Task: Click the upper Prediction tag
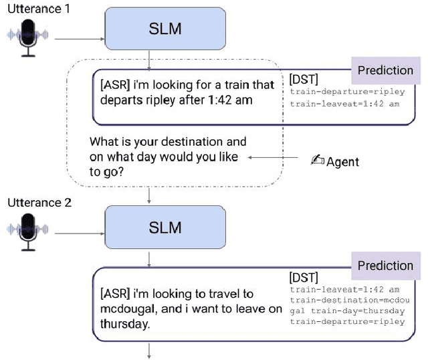tap(385, 70)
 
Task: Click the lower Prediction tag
tap(385, 266)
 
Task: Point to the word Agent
tap(342, 161)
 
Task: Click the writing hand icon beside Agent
tap(318, 161)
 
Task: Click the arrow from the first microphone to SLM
tap(80, 39)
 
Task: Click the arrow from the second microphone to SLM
tap(80, 234)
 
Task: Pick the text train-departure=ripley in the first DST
tap(347, 92)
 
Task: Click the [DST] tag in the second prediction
tap(304, 277)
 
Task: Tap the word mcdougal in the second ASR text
tap(124, 309)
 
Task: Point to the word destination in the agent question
tap(191, 142)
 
